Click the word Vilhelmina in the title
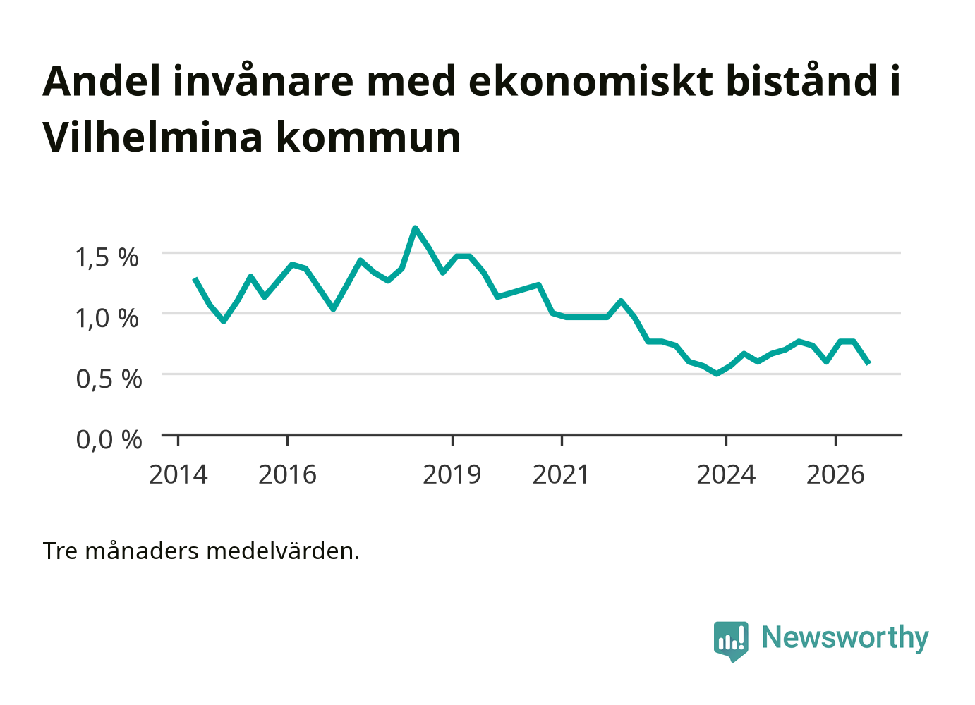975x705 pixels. [x=153, y=137]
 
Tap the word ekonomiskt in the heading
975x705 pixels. [x=591, y=81]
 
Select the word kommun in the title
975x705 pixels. [x=368, y=137]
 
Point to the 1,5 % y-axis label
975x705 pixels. [x=107, y=257]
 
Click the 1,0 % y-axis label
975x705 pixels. [x=107, y=318]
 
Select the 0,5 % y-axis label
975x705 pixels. [x=109, y=379]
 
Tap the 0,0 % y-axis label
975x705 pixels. [x=109, y=440]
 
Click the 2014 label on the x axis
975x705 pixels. [x=178, y=474]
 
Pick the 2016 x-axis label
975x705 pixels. [x=287, y=474]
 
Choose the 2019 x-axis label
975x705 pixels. [x=452, y=474]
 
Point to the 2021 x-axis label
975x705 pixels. [x=561, y=474]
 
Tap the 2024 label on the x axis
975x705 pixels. [x=726, y=474]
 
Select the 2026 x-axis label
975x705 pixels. [x=835, y=474]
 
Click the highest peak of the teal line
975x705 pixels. [x=416, y=228]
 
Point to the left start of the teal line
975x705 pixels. [x=195, y=278]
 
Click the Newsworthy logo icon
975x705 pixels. [x=731, y=642]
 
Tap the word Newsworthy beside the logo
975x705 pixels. [x=845, y=637]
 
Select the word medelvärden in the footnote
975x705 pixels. [x=282, y=551]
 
